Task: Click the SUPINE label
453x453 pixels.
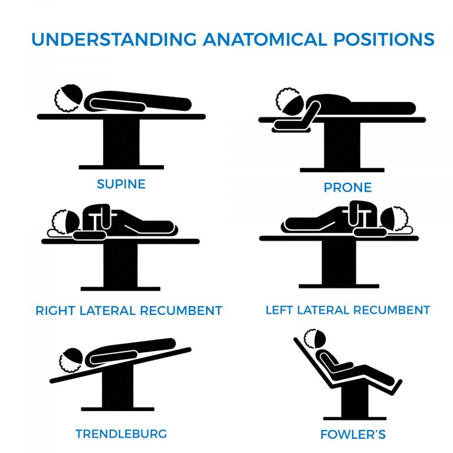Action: [x=121, y=184]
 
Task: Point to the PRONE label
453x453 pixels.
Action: [x=347, y=188]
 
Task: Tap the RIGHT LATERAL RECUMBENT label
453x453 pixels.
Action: [x=129, y=310]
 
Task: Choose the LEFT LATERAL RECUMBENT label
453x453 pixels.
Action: [x=347, y=310]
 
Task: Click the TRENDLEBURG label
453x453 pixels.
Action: [x=121, y=434]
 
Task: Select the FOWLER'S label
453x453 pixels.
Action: [x=353, y=435]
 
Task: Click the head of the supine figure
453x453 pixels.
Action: [x=68, y=97]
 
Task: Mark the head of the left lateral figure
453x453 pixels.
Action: [x=395, y=219]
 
